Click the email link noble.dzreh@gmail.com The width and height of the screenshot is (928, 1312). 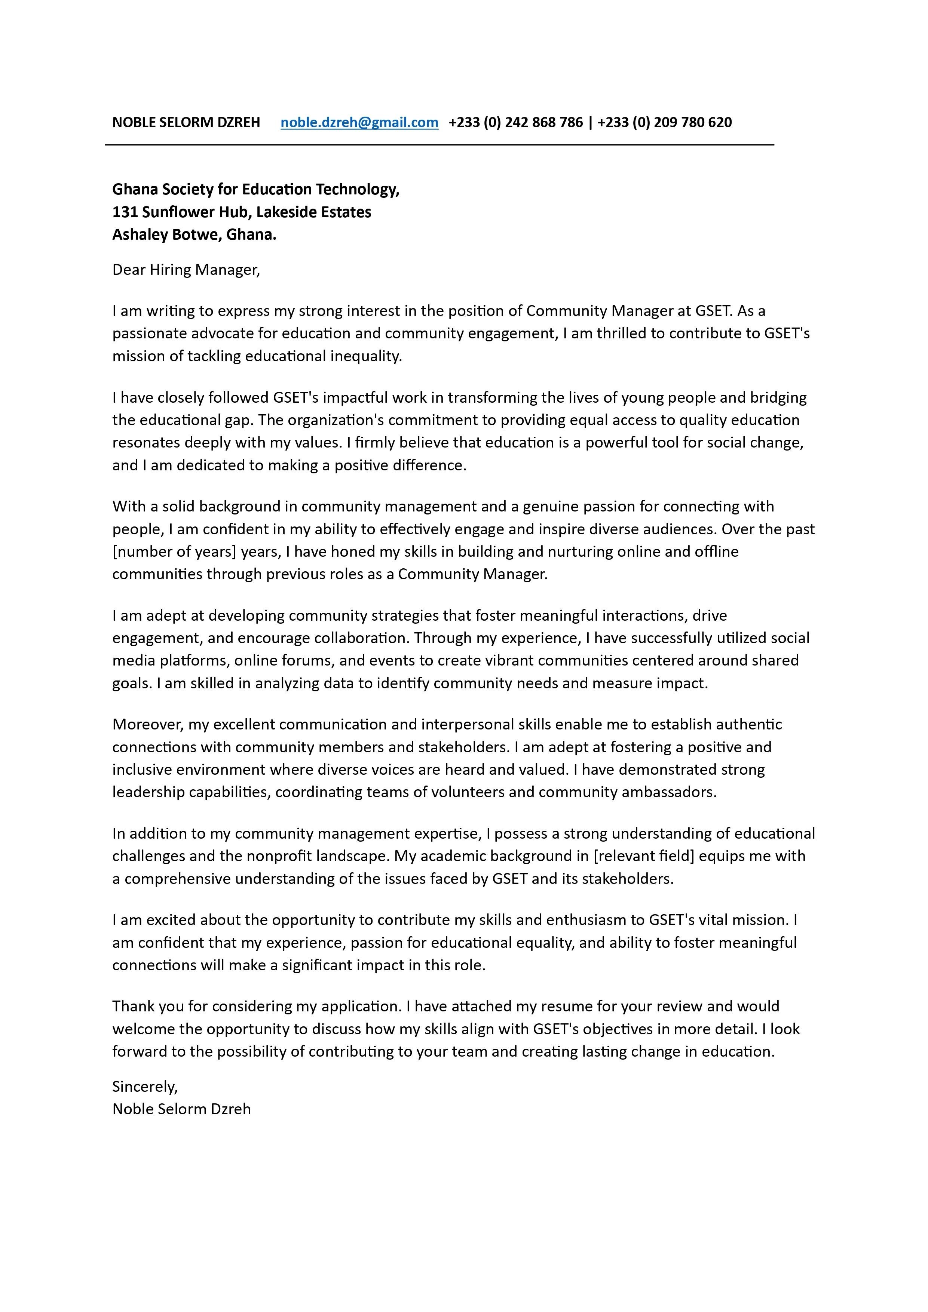pos(359,122)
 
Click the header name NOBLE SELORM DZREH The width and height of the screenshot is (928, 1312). pos(186,122)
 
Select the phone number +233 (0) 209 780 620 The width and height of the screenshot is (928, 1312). pos(664,122)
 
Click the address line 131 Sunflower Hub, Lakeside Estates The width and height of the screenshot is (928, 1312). pos(241,212)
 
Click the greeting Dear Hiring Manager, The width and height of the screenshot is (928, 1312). pos(186,270)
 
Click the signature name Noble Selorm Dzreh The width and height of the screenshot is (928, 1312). pos(181,1109)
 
